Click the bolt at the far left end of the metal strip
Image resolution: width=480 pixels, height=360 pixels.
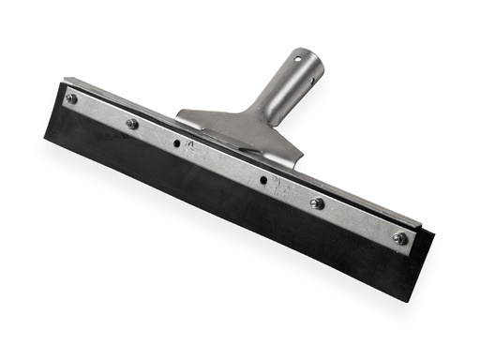pyautogui.click(x=71, y=98)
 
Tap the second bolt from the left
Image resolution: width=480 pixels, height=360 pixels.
pyautogui.click(x=131, y=123)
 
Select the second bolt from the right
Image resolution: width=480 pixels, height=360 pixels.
pyautogui.click(x=317, y=202)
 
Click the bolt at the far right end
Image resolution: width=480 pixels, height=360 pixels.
pyautogui.click(x=399, y=238)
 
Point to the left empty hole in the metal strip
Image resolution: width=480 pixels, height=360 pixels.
pyautogui.click(x=176, y=143)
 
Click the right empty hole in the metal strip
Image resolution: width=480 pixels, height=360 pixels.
pyautogui.click(x=263, y=180)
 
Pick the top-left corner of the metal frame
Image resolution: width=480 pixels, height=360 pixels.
pyautogui.click(x=65, y=80)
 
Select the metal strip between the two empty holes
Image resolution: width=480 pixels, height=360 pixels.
pyautogui.click(x=220, y=162)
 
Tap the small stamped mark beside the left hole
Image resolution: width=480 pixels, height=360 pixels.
pyautogui.click(x=189, y=145)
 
